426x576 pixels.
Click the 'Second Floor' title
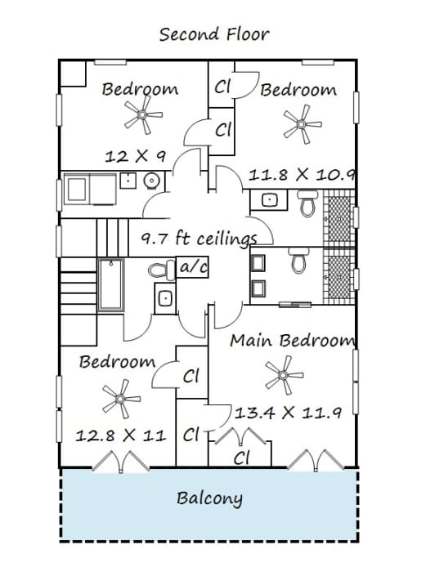(214, 34)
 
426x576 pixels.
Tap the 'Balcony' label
(209, 498)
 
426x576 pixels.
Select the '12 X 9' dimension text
(135, 157)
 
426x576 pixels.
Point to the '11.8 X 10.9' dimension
(302, 174)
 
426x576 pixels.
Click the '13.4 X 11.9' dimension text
(288, 412)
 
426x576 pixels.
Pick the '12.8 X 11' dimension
(120, 435)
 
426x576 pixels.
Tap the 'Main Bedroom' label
(293, 340)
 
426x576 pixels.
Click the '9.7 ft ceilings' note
(199, 239)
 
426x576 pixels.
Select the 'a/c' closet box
(192, 266)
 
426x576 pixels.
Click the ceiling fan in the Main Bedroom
(283, 375)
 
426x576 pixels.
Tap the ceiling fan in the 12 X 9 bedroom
(142, 115)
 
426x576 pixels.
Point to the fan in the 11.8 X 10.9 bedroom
(302, 124)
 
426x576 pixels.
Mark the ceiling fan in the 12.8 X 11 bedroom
(120, 399)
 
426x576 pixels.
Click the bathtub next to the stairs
(110, 284)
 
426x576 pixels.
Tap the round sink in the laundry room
(150, 181)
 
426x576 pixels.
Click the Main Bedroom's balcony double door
(316, 460)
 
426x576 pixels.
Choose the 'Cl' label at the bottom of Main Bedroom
(241, 458)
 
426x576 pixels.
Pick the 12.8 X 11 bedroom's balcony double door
(120, 462)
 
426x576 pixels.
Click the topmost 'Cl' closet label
(222, 87)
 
